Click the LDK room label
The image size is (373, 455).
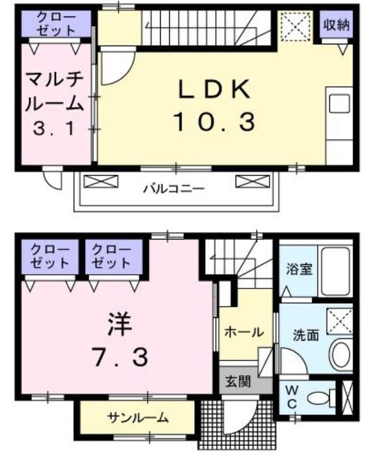[214, 89]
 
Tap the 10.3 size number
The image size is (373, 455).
[215, 122]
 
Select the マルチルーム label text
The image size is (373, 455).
[55, 92]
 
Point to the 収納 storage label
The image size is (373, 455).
[337, 25]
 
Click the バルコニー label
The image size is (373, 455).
[174, 189]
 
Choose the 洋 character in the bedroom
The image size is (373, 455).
[120, 324]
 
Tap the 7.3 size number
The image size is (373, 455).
[120, 357]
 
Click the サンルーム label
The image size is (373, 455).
[138, 418]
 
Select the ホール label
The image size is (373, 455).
[244, 332]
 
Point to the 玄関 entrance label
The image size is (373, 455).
[238, 381]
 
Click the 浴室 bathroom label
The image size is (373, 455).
[299, 269]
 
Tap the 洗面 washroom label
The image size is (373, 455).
[306, 335]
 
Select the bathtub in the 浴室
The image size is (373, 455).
[336, 271]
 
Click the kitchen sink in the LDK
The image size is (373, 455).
[339, 104]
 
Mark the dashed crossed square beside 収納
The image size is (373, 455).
[295, 26]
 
